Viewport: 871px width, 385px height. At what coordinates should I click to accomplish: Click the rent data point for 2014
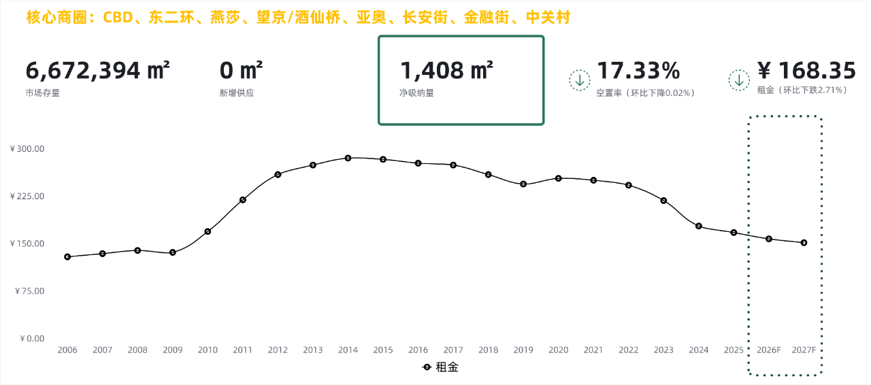click(x=348, y=158)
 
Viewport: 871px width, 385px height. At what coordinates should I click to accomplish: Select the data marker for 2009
click(x=173, y=252)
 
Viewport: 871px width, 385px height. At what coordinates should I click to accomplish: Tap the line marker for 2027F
click(x=804, y=242)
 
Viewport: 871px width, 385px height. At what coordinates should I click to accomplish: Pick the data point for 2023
click(x=663, y=200)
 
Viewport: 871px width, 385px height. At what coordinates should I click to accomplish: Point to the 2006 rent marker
click(x=67, y=256)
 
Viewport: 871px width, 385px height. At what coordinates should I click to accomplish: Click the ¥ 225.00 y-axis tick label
click(x=27, y=197)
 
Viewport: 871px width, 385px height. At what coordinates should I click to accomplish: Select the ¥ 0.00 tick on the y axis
click(x=31, y=339)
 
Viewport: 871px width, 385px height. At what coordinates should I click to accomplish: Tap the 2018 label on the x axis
click(x=488, y=350)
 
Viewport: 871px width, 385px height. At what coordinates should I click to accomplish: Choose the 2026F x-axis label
click(x=769, y=350)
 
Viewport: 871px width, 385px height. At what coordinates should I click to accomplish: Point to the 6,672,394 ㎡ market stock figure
click(x=97, y=71)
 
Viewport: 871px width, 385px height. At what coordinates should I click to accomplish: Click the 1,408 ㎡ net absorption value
click(x=446, y=71)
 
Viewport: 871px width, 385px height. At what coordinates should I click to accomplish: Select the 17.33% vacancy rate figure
click(x=638, y=71)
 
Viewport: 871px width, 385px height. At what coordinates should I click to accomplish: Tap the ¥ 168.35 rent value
click(x=806, y=71)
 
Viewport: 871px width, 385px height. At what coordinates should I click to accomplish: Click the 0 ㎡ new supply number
click(x=241, y=71)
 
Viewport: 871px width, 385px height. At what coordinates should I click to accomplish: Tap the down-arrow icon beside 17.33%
click(x=579, y=80)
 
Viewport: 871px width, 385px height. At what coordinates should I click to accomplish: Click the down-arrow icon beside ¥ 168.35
click(x=739, y=80)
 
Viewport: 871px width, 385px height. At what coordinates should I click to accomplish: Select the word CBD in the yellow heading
click(x=118, y=18)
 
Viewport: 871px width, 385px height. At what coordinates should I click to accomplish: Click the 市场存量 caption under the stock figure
click(x=42, y=93)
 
